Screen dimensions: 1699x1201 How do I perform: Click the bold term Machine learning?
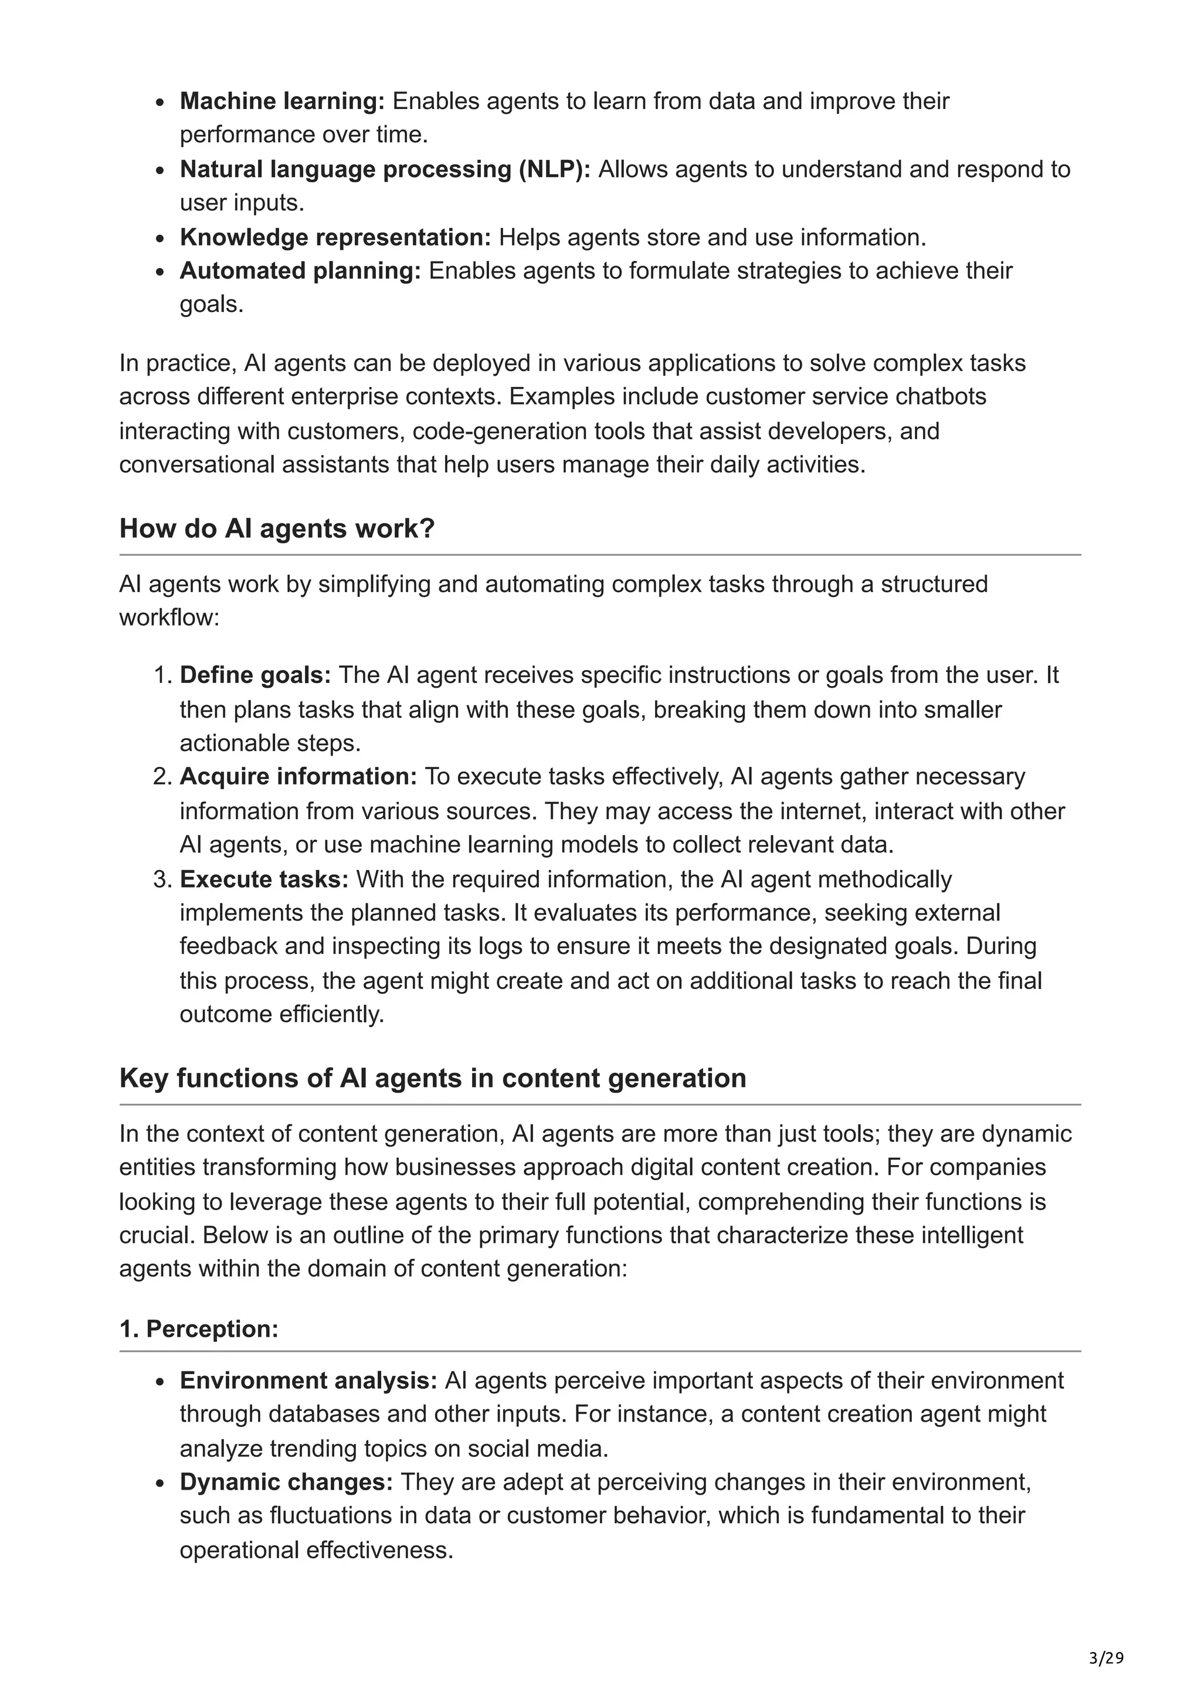tap(282, 101)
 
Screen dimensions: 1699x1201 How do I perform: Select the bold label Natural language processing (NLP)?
tap(385, 169)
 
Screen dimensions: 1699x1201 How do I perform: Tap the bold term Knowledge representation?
tap(335, 237)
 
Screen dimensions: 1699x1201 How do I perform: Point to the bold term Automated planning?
tap(300, 271)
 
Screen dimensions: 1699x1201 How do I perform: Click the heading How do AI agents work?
tap(277, 528)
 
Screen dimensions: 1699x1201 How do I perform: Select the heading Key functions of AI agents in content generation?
tap(432, 1078)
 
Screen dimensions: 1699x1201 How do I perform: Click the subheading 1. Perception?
tap(198, 1329)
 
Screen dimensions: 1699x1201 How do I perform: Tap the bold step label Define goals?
tap(255, 675)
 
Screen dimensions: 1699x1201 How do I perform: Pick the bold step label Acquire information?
tap(298, 776)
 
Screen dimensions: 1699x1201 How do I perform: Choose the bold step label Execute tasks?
tap(263, 879)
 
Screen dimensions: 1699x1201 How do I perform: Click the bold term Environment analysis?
tap(308, 1380)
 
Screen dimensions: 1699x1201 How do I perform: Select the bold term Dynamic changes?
tap(286, 1482)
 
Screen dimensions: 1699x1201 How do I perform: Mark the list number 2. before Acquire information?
tap(162, 776)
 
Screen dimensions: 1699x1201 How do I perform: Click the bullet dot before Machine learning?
tap(160, 103)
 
